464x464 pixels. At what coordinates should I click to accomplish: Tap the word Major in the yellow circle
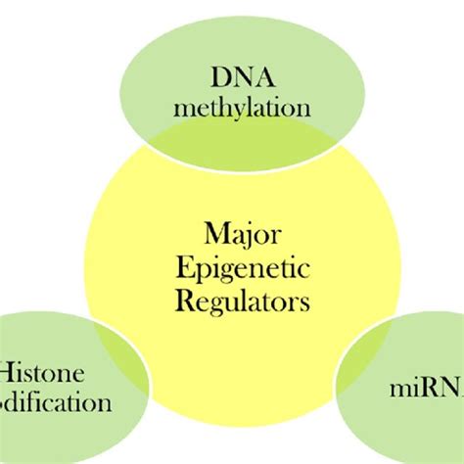[x=241, y=235]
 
